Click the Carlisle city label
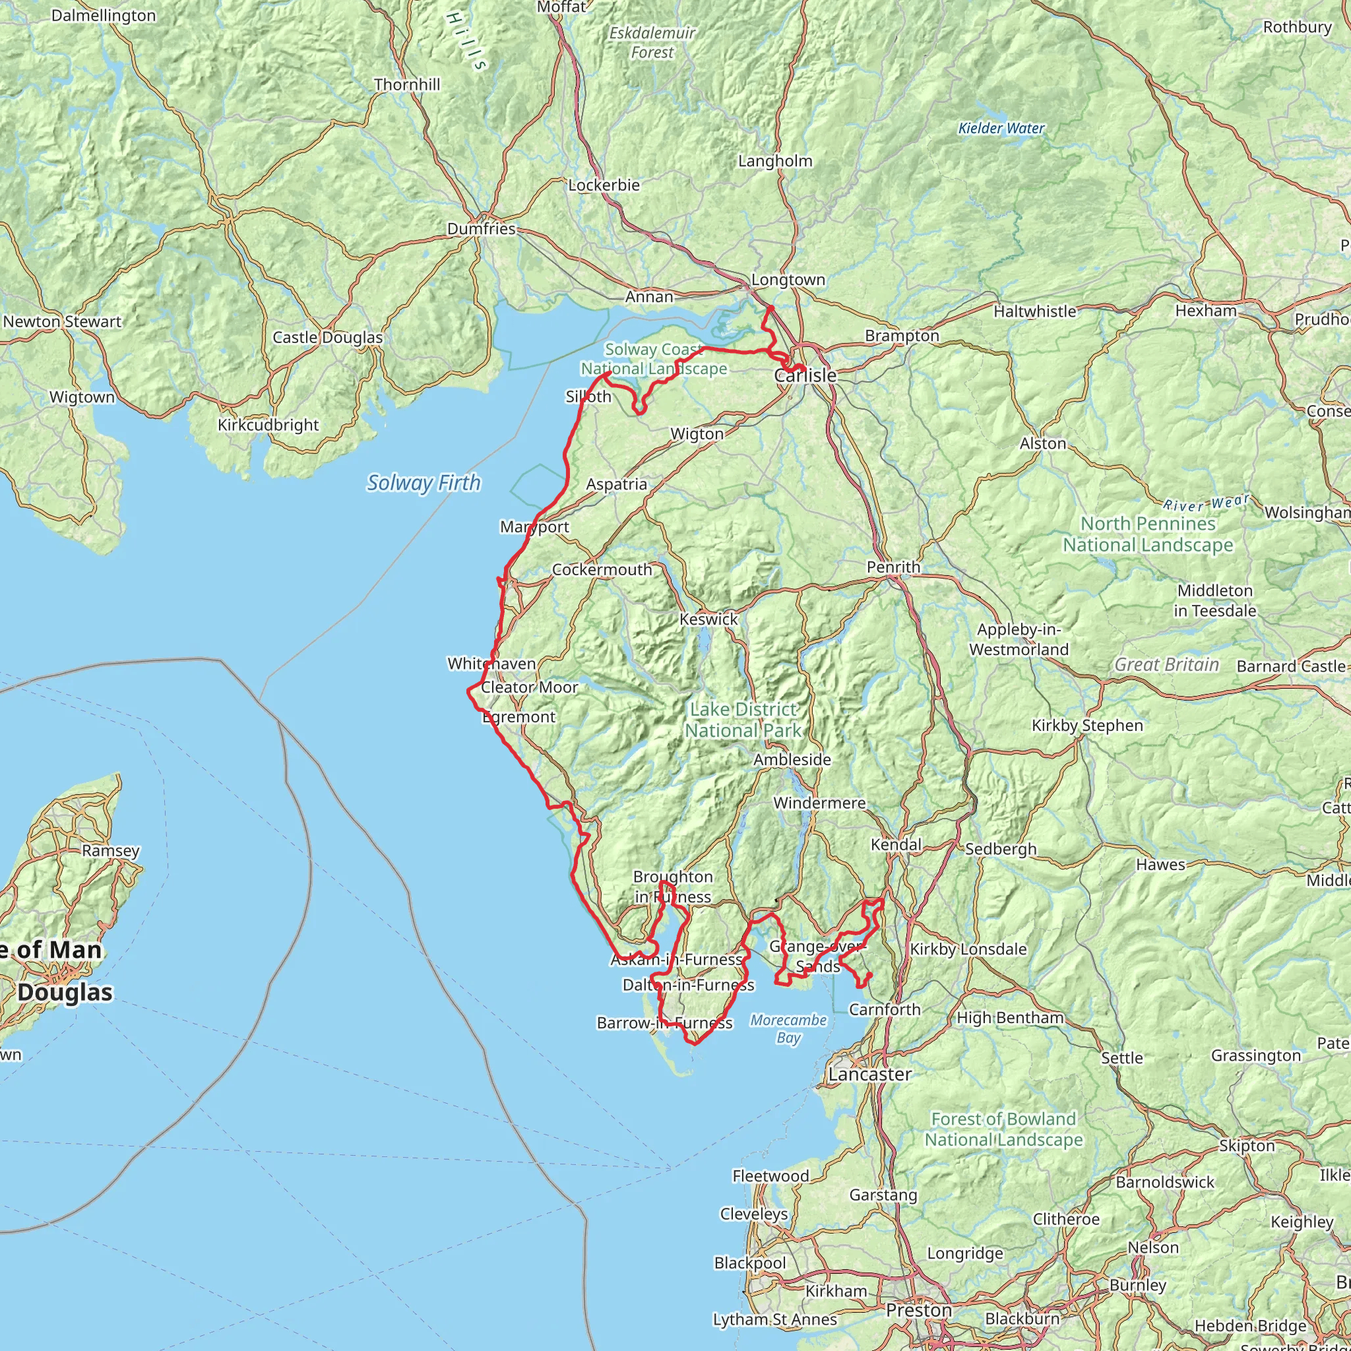pyautogui.click(x=805, y=375)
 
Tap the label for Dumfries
pyautogui.click(x=481, y=229)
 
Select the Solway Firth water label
pyautogui.click(x=424, y=482)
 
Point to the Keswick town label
pyautogui.click(x=708, y=619)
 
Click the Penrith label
pyautogui.click(x=893, y=567)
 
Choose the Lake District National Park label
pyautogui.click(x=743, y=720)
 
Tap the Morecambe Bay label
pyautogui.click(x=788, y=1028)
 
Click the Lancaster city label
pyautogui.click(x=869, y=1074)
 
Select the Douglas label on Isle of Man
pyautogui.click(x=65, y=992)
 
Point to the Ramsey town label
pyautogui.click(x=110, y=851)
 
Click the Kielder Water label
pyautogui.click(x=1001, y=128)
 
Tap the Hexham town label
pyautogui.click(x=1206, y=311)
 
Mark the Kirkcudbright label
pyautogui.click(x=268, y=425)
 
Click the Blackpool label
pyautogui.click(x=749, y=1263)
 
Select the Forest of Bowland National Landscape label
pyautogui.click(x=1003, y=1129)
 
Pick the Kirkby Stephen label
pyautogui.click(x=1086, y=725)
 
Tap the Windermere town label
pyautogui.click(x=819, y=803)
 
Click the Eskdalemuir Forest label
pyautogui.click(x=652, y=42)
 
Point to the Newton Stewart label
pyautogui.click(x=61, y=322)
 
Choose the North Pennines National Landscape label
pyautogui.click(x=1148, y=534)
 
